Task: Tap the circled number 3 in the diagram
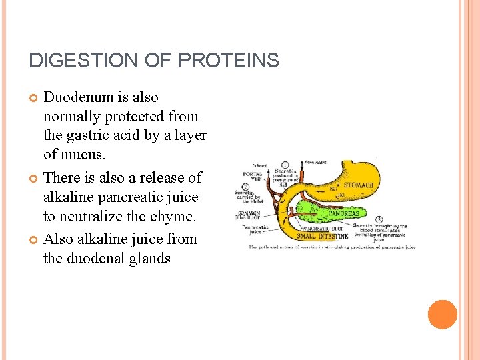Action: pos(379,219)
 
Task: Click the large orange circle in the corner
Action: pos(443,315)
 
